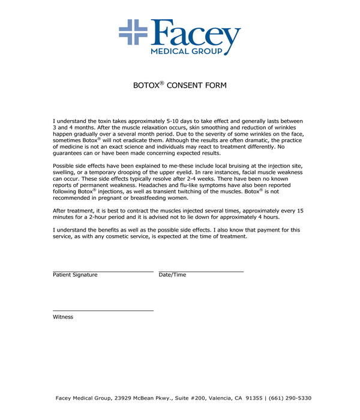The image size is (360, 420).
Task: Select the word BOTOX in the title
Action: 146,86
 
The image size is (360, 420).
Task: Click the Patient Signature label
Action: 75,275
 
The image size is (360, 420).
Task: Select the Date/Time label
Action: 172,275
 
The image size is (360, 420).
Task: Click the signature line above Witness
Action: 103,310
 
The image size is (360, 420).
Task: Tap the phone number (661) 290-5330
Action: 290,398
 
